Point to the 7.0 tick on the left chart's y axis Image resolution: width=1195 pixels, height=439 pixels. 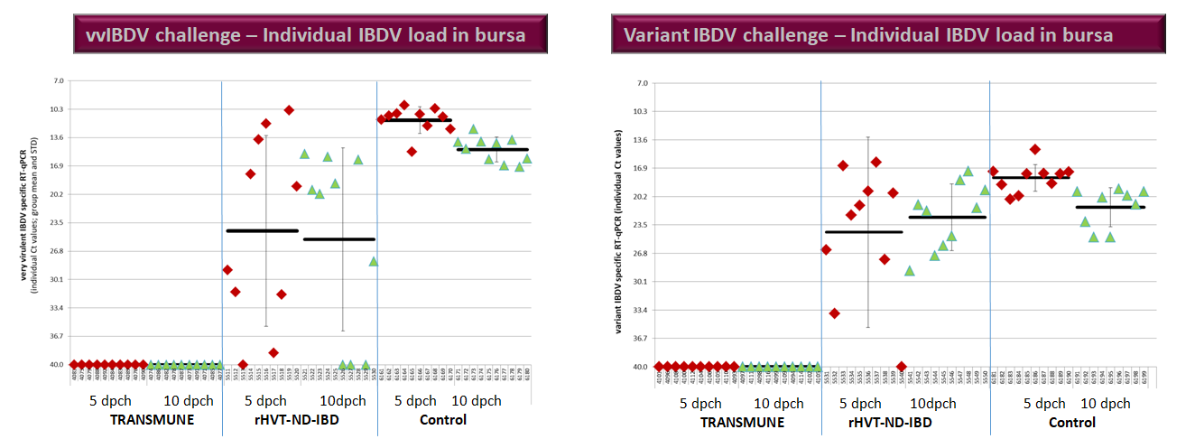click(59, 80)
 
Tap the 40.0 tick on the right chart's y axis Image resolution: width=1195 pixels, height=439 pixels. click(642, 367)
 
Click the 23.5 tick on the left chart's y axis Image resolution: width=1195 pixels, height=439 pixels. click(59, 223)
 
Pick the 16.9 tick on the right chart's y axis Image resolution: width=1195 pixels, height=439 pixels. click(642, 168)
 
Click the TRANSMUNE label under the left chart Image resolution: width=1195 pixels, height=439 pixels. click(151, 419)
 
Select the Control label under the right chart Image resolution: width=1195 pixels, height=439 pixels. click(1073, 422)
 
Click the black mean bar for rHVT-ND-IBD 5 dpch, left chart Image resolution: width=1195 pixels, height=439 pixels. click(262, 230)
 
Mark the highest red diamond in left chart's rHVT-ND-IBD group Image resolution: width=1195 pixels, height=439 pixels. click(289, 110)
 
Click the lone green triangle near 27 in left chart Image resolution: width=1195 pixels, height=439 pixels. click(373, 261)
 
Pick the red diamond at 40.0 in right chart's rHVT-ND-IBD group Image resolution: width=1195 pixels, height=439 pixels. click(902, 367)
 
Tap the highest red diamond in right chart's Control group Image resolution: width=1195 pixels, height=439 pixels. click(1035, 149)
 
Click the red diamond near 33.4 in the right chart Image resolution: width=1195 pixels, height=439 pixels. click(835, 313)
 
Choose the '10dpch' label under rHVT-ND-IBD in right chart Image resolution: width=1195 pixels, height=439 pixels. click(932, 404)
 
